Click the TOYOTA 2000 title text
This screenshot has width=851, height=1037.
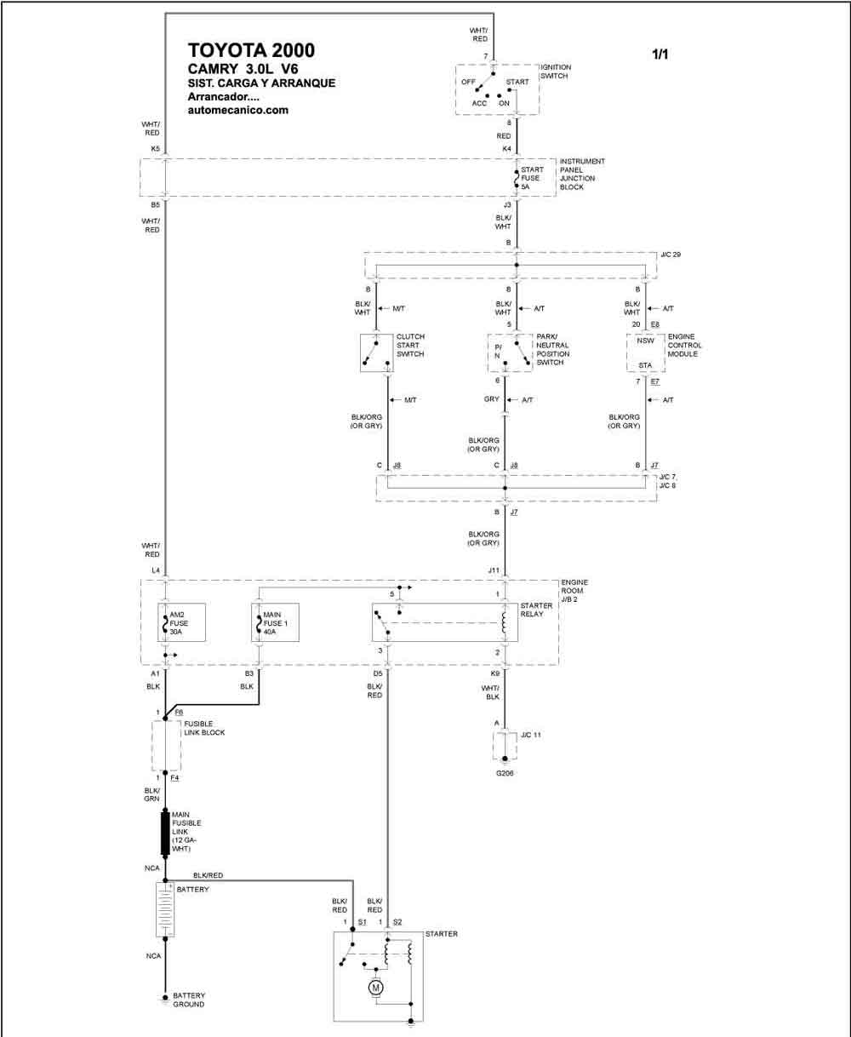tap(251, 50)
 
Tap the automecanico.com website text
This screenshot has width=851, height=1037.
tap(238, 110)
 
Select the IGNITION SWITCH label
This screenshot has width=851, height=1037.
tap(556, 72)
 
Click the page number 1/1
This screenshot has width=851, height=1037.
tap(660, 54)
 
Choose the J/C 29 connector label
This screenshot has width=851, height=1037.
tap(671, 255)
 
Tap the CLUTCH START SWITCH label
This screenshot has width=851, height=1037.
tap(410, 345)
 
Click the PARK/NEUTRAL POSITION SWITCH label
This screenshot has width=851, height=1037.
tap(553, 350)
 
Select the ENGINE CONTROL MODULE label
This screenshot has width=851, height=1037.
tap(684, 345)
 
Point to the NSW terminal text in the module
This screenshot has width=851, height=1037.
tap(646, 341)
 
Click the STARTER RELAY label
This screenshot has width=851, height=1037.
tap(536, 610)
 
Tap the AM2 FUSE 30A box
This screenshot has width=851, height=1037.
tap(181, 622)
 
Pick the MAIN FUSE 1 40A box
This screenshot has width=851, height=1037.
tap(276, 622)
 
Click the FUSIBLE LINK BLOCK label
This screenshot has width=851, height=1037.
tap(204, 728)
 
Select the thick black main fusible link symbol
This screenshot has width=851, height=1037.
tap(165, 833)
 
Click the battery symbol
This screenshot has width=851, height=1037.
tap(165, 909)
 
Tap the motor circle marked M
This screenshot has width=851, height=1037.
tap(376, 988)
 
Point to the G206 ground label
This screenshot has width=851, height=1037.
tap(505, 773)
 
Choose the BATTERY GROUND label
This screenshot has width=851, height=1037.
tap(189, 1000)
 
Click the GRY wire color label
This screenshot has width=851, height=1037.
tap(492, 399)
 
